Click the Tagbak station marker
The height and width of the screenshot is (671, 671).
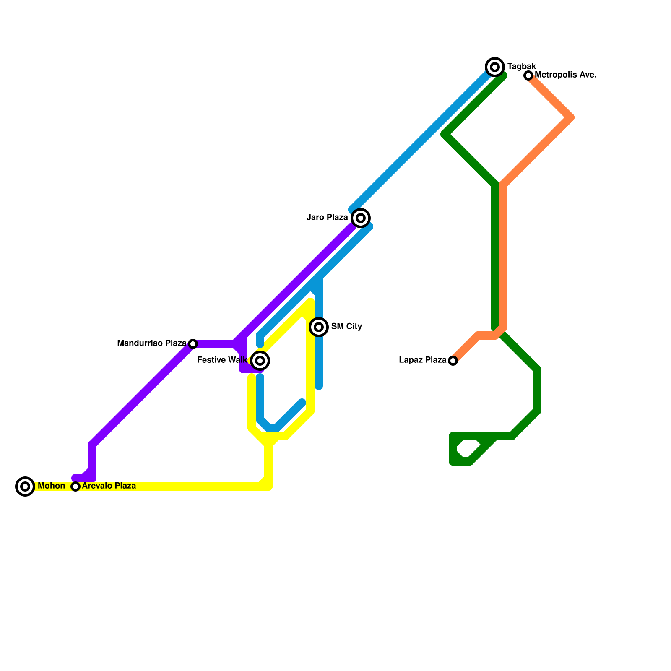(x=495, y=67)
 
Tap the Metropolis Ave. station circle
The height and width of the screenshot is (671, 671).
(x=528, y=75)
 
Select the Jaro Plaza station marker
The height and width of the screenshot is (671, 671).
(x=361, y=218)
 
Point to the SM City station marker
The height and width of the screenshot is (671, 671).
(x=319, y=327)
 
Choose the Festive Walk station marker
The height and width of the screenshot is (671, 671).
(x=260, y=361)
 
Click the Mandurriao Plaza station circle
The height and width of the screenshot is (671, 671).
(x=193, y=344)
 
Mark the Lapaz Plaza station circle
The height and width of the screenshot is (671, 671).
(x=453, y=361)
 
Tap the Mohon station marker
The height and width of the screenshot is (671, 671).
(x=25, y=486)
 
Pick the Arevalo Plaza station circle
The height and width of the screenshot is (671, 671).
(x=75, y=486)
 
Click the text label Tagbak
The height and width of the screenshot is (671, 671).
(x=521, y=67)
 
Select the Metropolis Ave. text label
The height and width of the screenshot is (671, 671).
(x=565, y=75)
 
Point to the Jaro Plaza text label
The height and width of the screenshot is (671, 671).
(x=327, y=218)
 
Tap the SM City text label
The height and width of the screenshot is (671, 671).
(x=346, y=327)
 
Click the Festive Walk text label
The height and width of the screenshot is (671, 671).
(x=222, y=360)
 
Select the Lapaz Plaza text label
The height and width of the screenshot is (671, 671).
(x=423, y=360)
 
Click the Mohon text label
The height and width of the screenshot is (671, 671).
(x=51, y=486)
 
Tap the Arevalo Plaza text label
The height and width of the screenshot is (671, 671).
(x=109, y=486)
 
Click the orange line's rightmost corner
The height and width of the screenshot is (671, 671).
(x=571, y=118)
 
